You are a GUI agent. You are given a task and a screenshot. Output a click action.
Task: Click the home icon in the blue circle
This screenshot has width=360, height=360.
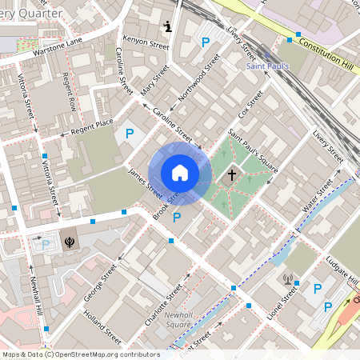tap(179, 173)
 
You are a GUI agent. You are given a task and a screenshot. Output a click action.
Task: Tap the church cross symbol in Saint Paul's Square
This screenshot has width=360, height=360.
tap(232, 174)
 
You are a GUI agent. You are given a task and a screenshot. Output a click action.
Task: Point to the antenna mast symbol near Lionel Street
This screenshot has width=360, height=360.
tap(288, 280)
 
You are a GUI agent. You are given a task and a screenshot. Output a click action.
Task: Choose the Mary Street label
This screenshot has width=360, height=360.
tap(154, 82)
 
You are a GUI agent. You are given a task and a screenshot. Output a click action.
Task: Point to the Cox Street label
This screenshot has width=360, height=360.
tap(250, 107)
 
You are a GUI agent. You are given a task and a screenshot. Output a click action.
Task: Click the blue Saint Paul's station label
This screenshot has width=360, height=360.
tap(262, 66)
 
